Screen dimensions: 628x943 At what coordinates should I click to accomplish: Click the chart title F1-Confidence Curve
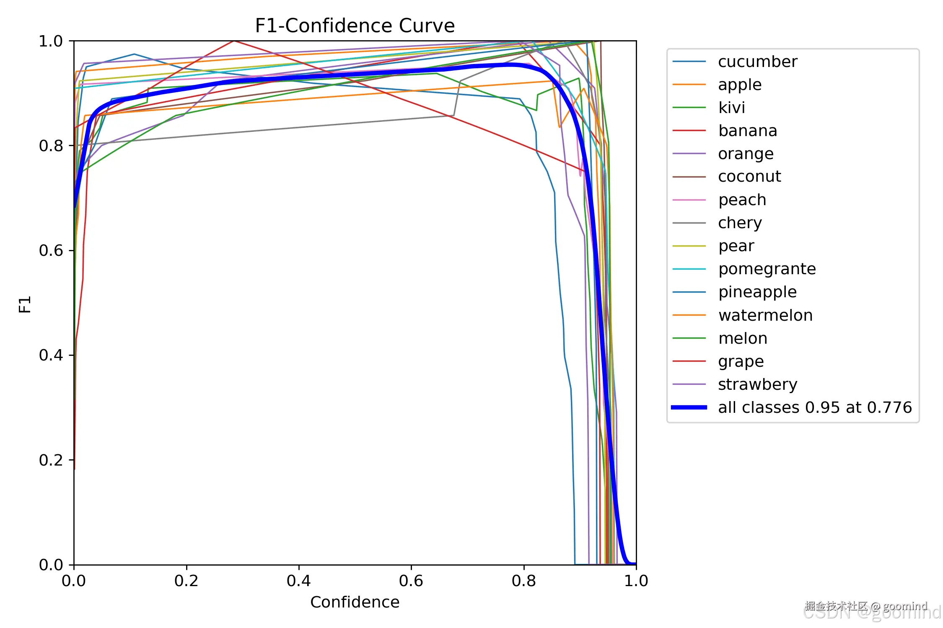(x=355, y=26)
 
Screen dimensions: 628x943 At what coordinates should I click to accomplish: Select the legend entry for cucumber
(x=757, y=62)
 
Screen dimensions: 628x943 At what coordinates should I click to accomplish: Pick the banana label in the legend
(x=747, y=131)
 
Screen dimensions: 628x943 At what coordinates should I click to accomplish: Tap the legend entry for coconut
(x=749, y=177)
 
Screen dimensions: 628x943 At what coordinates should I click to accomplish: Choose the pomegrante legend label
(x=767, y=269)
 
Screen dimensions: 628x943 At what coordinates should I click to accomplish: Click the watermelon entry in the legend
(x=765, y=315)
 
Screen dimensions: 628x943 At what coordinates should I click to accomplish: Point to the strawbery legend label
(x=757, y=384)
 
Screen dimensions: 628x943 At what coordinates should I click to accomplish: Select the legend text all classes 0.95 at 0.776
(x=815, y=407)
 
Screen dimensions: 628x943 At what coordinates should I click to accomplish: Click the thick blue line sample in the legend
(x=689, y=407)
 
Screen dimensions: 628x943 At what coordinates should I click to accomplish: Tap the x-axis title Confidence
(x=355, y=602)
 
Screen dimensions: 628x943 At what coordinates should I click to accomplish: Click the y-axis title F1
(x=25, y=304)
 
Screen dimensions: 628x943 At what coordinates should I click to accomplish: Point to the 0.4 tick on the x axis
(x=298, y=581)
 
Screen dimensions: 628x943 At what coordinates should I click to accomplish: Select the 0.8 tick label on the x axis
(x=523, y=581)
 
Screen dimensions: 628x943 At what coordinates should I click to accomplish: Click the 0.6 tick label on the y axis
(x=51, y=250)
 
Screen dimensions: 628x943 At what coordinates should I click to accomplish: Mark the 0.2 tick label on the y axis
(x=51, y=460)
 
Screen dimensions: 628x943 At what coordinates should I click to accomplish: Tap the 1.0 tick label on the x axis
(x=636, y=581)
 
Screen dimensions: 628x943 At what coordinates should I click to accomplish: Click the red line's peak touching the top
(x=234, y=41)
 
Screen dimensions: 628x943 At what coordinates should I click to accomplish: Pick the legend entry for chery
(x=740, y=223)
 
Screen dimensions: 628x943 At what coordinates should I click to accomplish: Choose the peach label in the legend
(x=742, y=200)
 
